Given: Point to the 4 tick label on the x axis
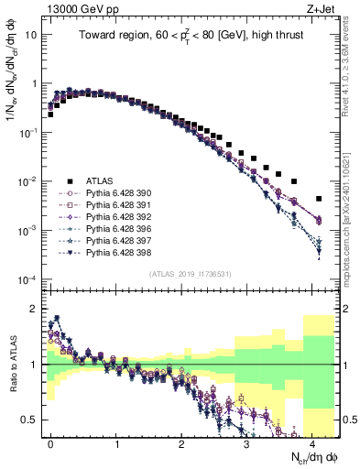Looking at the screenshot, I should [x=312, y=442].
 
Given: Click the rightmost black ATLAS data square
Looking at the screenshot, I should [x=319, y=199].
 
